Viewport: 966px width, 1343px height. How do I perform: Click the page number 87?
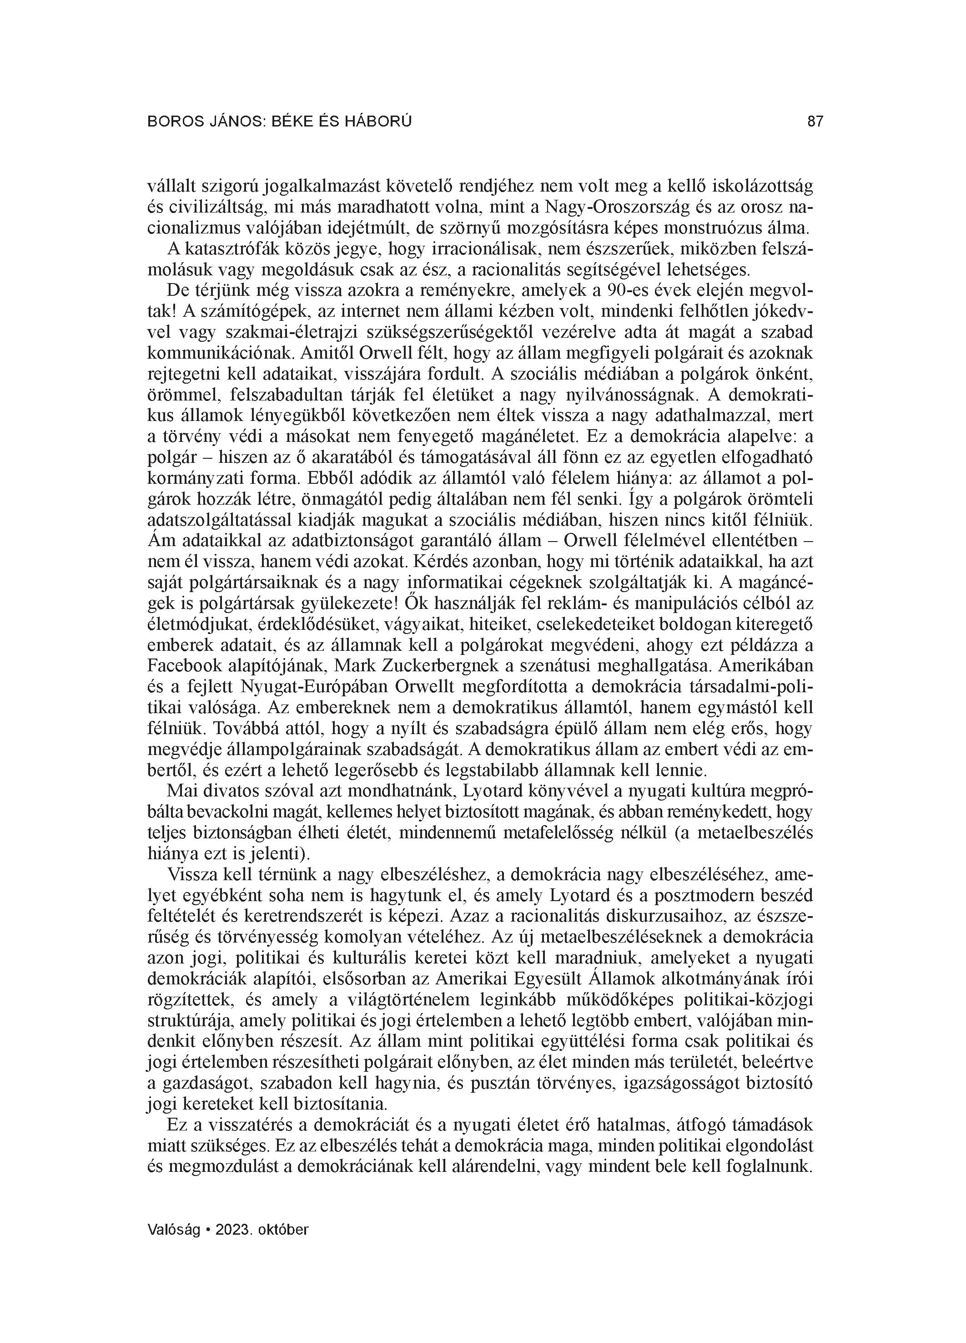pyautogui.click(x=815, y=122)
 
